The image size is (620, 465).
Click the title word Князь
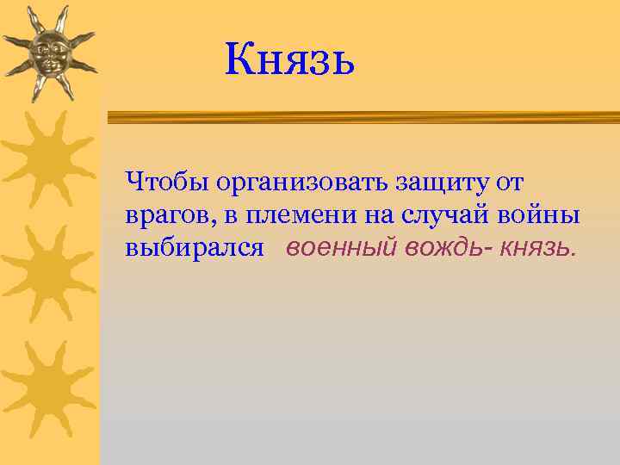tap(289, 60)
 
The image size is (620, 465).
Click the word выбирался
tap(194, 250)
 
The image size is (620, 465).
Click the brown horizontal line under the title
tap(362, 114)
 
